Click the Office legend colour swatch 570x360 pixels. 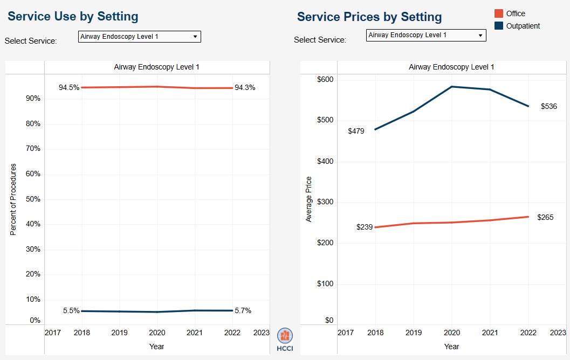pos(499,13)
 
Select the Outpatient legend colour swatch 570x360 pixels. pos(499,26)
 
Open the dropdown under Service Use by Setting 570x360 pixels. pos(139,37)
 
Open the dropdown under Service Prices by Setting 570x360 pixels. pos(426,35)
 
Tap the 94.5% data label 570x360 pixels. pos(69,87)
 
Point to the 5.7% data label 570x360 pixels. pos(243,310)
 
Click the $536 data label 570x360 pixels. pos(548,106)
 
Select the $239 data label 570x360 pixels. pos(365,227)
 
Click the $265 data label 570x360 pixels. pos(545,217)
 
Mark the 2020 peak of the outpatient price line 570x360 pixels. pos(451,86)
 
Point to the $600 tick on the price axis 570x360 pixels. pos(325,80)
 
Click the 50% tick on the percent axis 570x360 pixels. pos(33,199)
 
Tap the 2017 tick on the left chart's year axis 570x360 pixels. pos(52,333)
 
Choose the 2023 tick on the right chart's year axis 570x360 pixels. pos(558,333)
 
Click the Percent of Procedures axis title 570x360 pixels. pos(13,199)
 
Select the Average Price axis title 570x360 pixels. pos(308,199)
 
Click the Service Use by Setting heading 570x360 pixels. pos(73,16)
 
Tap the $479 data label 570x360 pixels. pos(356,131)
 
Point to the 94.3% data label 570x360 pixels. pos(245,87)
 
